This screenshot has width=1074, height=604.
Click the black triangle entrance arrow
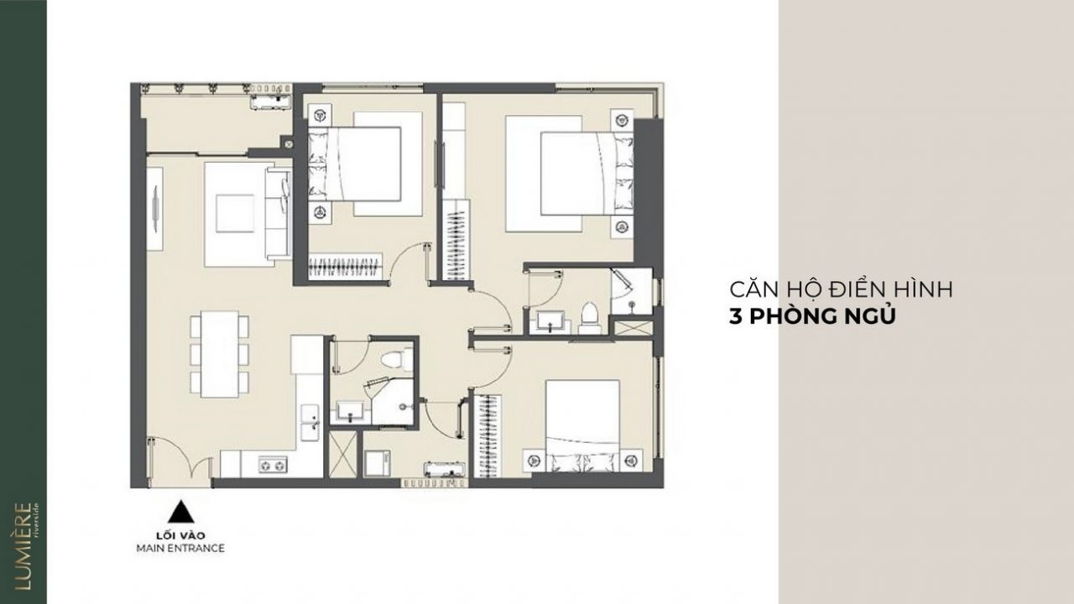tap(180, 512)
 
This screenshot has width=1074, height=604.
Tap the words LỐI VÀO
tap(180, 535)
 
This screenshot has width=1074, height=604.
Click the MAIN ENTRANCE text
tap(180, 548)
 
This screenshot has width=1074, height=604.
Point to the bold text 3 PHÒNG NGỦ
tap(812, 316)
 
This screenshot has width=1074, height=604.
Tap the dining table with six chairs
tap(220, 354)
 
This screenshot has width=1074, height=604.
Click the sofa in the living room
tap(279, 214)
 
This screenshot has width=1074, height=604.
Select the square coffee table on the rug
tap(235, 213)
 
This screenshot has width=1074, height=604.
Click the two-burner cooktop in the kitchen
tap(273, 465)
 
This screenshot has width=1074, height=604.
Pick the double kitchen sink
tap(310, 422)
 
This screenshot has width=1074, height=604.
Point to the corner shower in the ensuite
tap(632, 291)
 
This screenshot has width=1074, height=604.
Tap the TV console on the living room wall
tap(154, 209)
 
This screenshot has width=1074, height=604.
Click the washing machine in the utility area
tap(377, 463)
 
